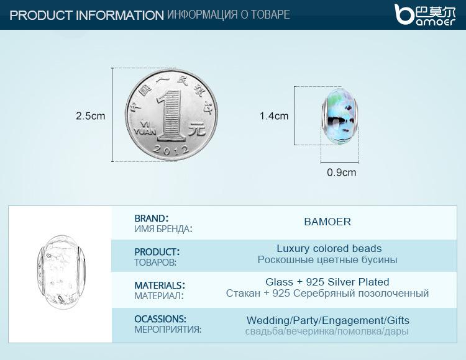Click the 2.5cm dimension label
90,115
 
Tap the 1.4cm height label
274,115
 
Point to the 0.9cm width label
342,173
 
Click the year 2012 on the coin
171,150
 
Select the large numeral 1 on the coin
171,115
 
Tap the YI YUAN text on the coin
144,128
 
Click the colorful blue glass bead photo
340,116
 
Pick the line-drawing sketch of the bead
62,270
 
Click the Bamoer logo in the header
425,14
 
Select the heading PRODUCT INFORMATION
86,16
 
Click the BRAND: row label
152,218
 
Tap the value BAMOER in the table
327,222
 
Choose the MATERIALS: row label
160,286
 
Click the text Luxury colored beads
329,248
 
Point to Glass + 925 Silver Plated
327,282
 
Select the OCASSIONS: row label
160,319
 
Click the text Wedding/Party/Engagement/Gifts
328,320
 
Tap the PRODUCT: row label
157,252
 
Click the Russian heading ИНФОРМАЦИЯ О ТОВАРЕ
228,14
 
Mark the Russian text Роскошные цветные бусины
327,260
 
